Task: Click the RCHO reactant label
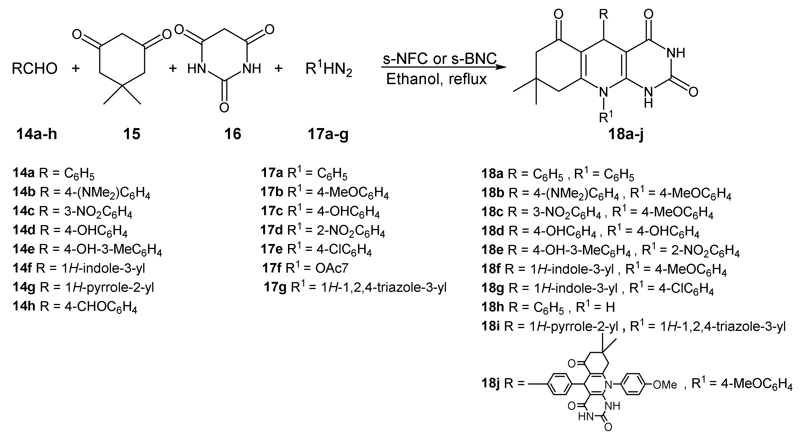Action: pos(34,68)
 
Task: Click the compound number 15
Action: pos(132,134)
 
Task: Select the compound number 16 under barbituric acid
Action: pos(233,134)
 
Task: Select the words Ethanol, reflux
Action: pos(436,79)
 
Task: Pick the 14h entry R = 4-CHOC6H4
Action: pos(75,307)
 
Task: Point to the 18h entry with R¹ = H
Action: pos(548,307)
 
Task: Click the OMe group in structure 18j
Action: pos(665,385)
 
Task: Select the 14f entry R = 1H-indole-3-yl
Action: pos(79,268)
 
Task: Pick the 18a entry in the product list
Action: pos(557,174)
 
